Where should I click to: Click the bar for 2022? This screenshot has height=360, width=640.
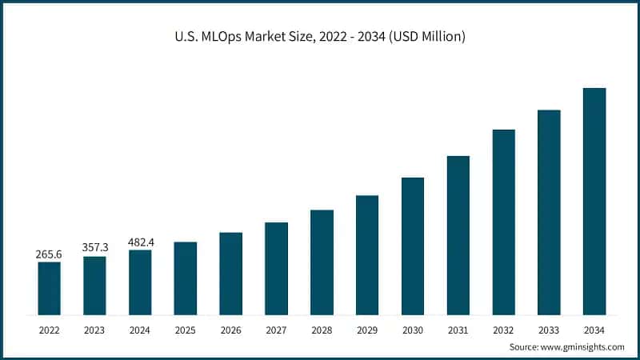[x=49, y=288]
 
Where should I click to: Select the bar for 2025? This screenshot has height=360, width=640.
[x=185, y=278]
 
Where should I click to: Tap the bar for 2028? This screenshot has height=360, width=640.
[x=322, y=262]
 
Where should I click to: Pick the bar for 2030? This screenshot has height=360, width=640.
[x=412, y=246]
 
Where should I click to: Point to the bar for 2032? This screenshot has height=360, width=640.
[x=503, y=222]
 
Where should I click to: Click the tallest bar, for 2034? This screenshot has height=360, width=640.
[x=594, y=201]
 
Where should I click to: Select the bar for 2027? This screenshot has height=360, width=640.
[x=276, y=268]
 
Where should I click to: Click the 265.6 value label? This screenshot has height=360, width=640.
[x=49, y=254]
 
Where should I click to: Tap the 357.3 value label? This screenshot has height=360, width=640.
[x=94, y=248]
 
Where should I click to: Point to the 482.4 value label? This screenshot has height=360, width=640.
[x=140, y=242]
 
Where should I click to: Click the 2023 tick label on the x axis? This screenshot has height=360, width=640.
[x=94, y=329]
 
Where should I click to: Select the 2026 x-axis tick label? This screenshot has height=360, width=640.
[x=230, y=329]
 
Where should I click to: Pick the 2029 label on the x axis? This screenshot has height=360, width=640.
[x=367, y=329]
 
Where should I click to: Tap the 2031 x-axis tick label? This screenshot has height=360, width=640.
[x=458, y=329]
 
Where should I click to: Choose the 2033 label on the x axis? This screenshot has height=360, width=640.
[x=549, y=329]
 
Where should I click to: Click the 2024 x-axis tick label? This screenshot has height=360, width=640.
[x=140, y=329]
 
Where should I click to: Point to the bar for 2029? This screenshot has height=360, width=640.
[x=367, y=254]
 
